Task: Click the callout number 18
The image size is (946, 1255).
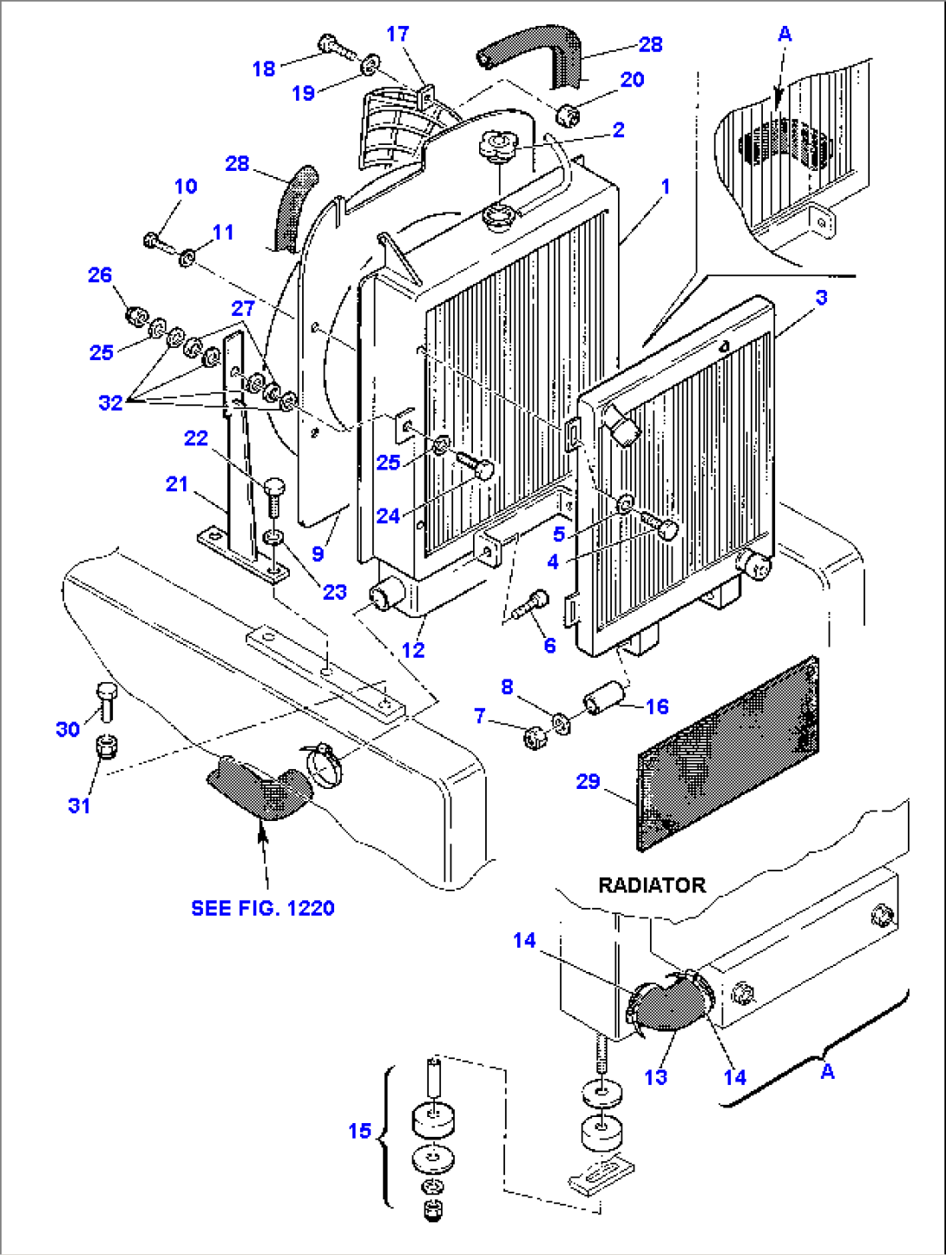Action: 264,69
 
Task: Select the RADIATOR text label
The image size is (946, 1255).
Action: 652,885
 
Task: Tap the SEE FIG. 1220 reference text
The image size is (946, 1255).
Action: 262,908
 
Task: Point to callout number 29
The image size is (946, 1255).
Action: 588,781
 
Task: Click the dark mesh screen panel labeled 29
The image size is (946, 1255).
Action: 727,753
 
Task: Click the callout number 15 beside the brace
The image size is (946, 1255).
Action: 359,1131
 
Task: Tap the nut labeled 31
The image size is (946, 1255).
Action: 106,746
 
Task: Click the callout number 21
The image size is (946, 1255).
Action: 177,483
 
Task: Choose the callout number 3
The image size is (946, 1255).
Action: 821,297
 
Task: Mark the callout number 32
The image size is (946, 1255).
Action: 110,403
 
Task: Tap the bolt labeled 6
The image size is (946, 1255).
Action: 530,604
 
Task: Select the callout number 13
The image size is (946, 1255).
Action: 655,1077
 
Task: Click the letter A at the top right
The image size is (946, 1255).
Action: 785,34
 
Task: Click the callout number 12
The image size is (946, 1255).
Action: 413,649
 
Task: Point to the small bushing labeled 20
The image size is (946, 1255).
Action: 568,113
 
